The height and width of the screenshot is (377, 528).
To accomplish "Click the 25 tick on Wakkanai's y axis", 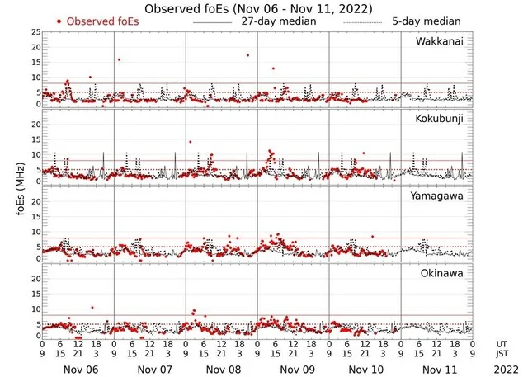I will point(35,32).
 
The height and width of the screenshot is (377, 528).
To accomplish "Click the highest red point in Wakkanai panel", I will point(247,55).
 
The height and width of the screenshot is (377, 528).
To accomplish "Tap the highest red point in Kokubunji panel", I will point(191,142).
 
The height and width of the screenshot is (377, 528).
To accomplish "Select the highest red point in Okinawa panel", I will point(92,308).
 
